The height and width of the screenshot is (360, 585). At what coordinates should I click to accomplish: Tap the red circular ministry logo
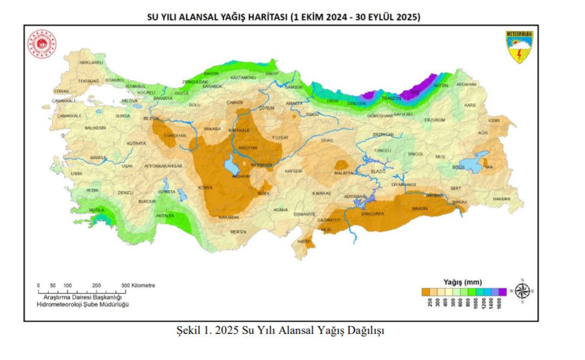(42, 44)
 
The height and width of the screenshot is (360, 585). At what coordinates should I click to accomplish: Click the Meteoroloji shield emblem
(519, 47)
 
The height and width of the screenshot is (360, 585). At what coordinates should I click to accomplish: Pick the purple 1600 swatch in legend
(502, 292)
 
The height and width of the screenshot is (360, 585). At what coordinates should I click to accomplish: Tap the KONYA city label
(205, 188)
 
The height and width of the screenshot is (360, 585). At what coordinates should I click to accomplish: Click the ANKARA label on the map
(212, 129)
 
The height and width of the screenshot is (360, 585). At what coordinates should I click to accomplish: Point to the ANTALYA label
(165, 215)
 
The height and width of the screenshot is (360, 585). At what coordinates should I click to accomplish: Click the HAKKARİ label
(502, 199)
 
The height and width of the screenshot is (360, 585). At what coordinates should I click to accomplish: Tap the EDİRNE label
(62, 91)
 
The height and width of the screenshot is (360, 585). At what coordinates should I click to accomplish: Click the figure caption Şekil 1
(279, 330)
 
